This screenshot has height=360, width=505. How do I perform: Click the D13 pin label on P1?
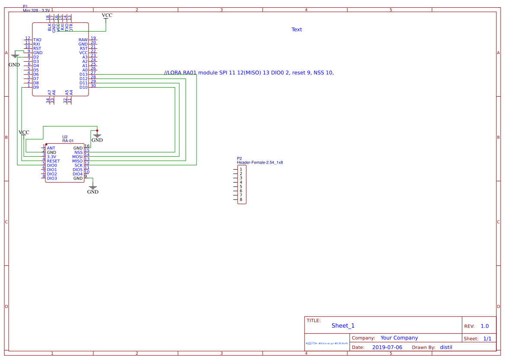point(83,74)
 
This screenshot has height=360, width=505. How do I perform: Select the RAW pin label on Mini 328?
point(83,40)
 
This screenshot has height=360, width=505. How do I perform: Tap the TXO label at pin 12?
point(37,40)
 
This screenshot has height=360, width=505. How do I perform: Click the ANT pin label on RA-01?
point(51,148)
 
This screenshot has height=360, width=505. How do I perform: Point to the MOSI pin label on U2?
point(77,157)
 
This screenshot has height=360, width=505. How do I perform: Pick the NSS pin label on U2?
point(78,152)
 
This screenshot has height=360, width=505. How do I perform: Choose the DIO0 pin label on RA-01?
point(52,165)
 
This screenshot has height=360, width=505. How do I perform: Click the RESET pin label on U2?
point(53,161)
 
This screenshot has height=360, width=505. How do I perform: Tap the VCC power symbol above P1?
point(107,16)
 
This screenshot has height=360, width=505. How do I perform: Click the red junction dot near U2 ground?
point(97,130)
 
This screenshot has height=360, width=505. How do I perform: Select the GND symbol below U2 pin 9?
point(92,190)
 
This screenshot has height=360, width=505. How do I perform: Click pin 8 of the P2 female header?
point(241,199)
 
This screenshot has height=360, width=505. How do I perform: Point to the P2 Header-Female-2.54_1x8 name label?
point(260,162)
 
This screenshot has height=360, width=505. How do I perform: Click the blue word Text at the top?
point(297,30)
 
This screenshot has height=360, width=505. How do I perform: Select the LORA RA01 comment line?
point(249,73)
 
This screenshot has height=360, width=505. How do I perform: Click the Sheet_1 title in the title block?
point(343,326)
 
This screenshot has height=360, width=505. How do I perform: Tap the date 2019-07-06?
point(387,347)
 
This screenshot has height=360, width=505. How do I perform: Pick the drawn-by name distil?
point(446,347)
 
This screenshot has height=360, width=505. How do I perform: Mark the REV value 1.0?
point(485,326)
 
